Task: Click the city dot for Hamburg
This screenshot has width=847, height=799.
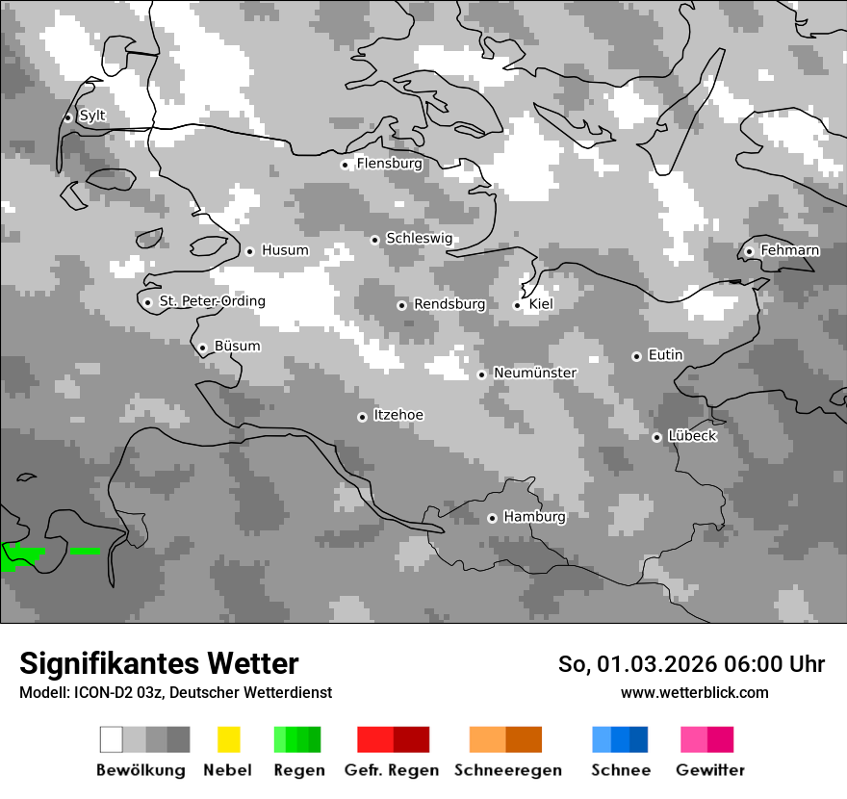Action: (492, 518)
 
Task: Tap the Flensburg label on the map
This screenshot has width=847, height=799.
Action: (389, 164)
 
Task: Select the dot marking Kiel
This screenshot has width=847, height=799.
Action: (517, 305)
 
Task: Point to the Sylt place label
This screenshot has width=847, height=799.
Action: (92, 116)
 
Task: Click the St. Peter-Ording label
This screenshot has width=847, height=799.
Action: (212, 301)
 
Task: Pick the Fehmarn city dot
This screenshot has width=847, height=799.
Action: (749, 252)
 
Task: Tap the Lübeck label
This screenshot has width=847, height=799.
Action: (692, 436)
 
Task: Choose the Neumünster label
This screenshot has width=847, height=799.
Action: (535, 373)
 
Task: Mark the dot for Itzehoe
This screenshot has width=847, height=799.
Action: (362, 417)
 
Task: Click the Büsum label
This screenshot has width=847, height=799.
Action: (237, 347)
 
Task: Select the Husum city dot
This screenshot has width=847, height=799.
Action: (249, 251)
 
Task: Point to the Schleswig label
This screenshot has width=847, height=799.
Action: (419, 238)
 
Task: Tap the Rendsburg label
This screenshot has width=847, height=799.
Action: (449, 304)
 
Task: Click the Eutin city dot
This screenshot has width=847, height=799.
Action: (636, 356)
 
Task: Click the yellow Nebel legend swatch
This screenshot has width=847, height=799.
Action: (228, 739)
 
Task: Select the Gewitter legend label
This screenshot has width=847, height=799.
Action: (710, 770)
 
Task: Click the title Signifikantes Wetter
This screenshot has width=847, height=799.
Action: (159, 663)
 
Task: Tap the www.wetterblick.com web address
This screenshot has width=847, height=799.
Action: (694, 692)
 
